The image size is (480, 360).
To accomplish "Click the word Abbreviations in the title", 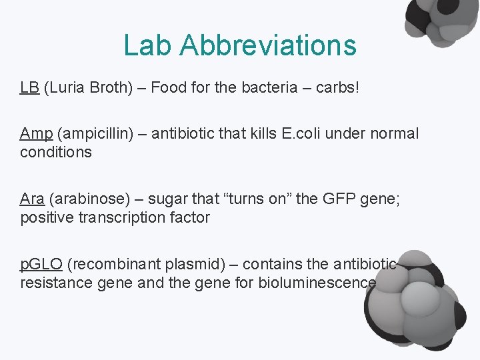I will coord(268,45).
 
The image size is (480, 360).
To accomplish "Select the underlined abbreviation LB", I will coord(29,88).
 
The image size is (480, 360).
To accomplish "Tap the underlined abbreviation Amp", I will coord(36,133).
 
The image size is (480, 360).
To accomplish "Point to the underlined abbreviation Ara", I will coord(32,199).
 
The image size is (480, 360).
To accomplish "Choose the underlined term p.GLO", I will coord(41,264).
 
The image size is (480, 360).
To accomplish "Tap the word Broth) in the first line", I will coord(109,88).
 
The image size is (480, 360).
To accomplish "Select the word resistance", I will coord(54,283).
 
